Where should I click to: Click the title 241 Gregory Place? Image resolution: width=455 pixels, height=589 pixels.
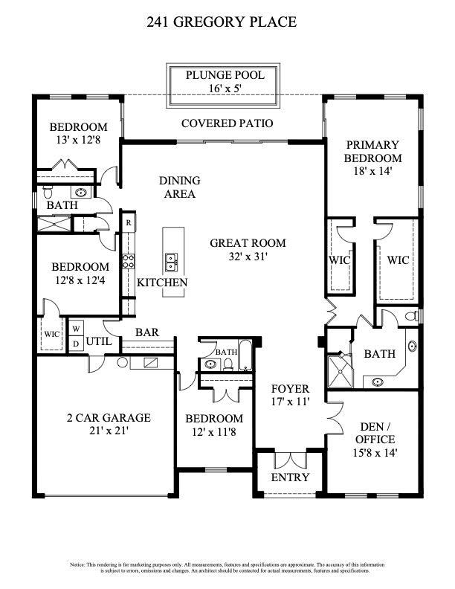pyautogui.click(x=222, y=22)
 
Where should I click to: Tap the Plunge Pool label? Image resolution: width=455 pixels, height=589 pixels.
pyautogui.click(x=225, y=75)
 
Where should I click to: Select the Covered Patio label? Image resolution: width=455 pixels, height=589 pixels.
pyautogui.click(x=227, y=123)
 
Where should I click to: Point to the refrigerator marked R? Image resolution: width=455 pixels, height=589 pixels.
pyautogui.click(x=129, y=223)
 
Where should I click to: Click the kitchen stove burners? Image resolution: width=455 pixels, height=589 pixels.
pyautogui.click(x=129, y=261)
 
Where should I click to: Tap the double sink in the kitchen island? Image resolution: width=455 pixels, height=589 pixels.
pyautogui.click(x=172, y=262)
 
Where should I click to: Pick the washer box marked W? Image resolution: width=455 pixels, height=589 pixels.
pyautogui.click(x=77, y=329)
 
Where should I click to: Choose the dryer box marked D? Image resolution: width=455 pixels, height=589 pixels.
pyautogui.click(x=77, y=344)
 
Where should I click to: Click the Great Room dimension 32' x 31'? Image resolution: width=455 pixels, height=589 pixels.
pyautogui.click(x=248, y=256)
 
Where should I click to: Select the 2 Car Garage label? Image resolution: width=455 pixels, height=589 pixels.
pyautogui.click(x=109, y=417)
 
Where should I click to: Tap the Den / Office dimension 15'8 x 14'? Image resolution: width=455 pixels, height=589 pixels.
pyautogui.click(x=375, y=453)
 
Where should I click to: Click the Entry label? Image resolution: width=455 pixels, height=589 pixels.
pyautogui.click(x=290, y=477)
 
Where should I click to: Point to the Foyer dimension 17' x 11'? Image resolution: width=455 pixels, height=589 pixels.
pyautogui.click(x=290, y=402)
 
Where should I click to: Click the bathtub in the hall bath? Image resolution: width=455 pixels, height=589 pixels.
pyautogui.click(x=245, y=355)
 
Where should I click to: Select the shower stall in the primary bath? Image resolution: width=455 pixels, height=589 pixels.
pyautogui.click(x=340, y=371)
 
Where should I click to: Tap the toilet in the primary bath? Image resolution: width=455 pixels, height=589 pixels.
pyautogui.click(x=412, y=315)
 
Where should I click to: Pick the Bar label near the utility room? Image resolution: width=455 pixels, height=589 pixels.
pyautogui.click(x=147, y=332)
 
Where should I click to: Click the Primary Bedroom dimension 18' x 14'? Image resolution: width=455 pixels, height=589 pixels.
pyautogui.click(x=372, y=171)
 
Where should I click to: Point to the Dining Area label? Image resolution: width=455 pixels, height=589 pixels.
pyautogui.click(x=179, y=187)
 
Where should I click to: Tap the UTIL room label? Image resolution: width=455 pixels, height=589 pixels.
pyautogui.click(x=99, y=341)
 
